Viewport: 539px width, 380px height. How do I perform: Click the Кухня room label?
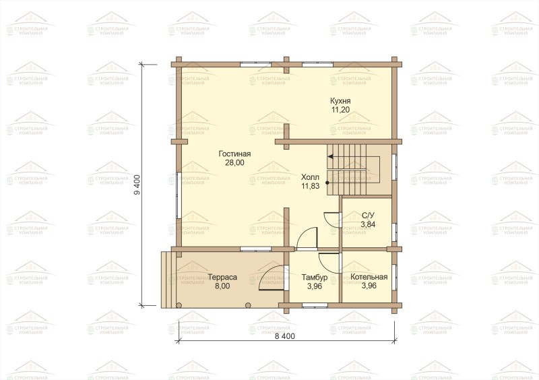pos(340,101)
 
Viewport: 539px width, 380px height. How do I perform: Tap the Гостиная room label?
pos(234,154)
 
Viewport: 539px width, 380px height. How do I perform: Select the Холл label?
pos(310,177)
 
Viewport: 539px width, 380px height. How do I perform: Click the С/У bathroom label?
pos(368,216)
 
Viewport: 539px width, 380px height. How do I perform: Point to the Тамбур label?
pos(315,278)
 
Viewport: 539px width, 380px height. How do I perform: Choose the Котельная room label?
pos(369,277)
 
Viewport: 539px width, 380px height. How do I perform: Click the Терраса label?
pos(222,277)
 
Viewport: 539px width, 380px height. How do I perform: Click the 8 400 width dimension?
pos(284,336)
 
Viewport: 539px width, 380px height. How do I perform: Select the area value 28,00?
pos(234,162)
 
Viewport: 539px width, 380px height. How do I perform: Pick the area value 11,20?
pos(340,110)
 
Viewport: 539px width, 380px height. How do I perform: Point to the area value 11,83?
pos(311,187)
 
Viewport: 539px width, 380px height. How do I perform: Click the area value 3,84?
pos(368,224)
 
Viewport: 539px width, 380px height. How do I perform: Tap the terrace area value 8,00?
pos(222,286)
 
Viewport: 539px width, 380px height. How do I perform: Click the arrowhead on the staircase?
pos(330,156)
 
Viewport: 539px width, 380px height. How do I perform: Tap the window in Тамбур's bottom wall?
pos(315,305)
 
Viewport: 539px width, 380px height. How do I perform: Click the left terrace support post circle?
pos(179,305)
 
